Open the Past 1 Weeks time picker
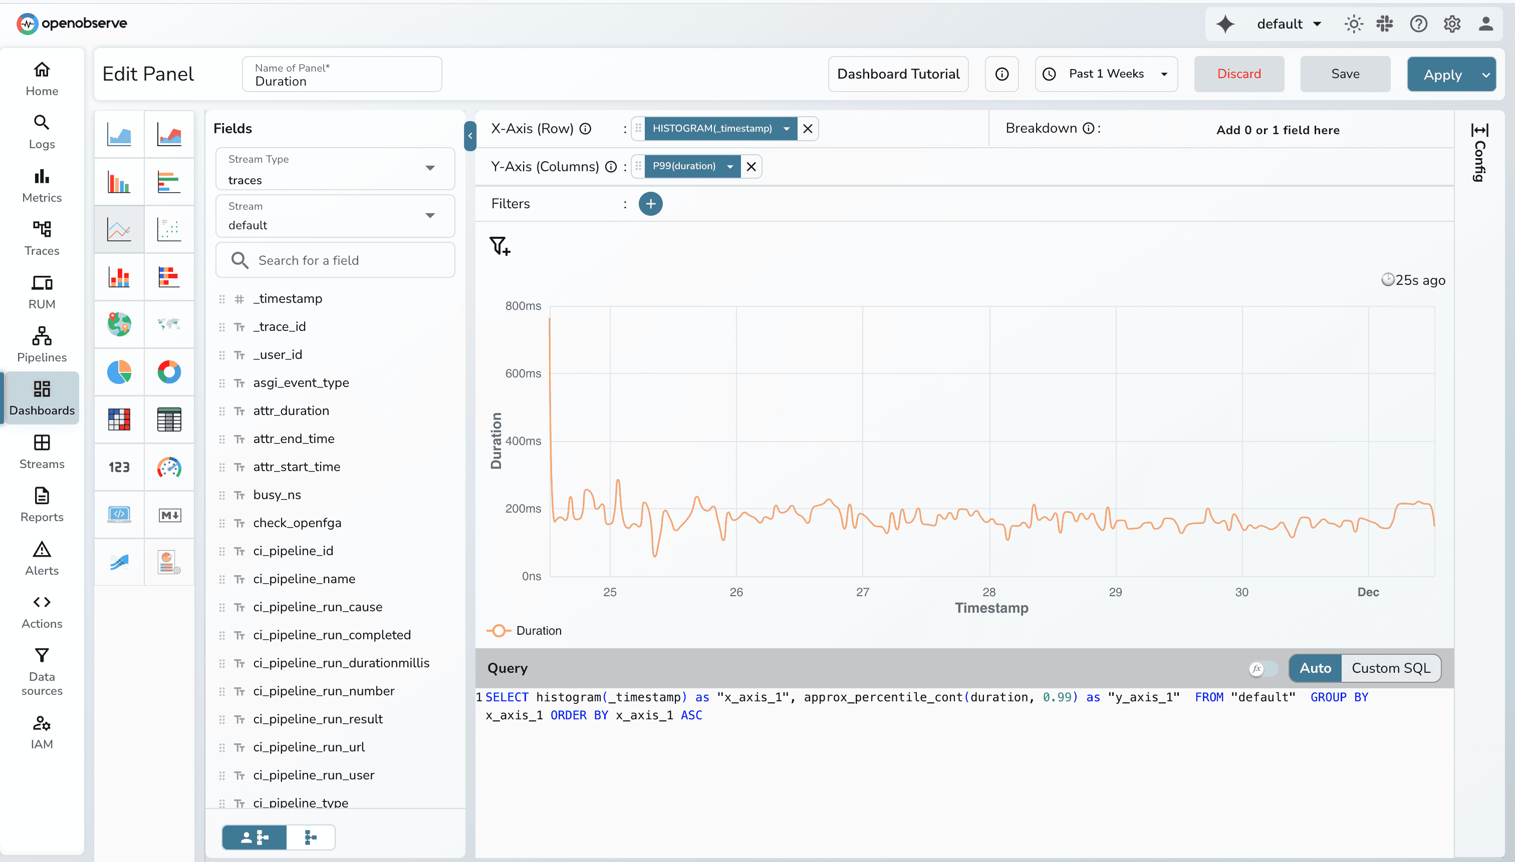click(1106, 74)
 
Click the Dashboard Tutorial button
click(898, 74)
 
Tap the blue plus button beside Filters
click(650, 204)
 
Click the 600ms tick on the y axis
click(523, 373)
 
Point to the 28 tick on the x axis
click(988, 592)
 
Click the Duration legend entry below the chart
click(538, 631)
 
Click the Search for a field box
click(335, 260)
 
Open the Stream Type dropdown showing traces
click(335, 169)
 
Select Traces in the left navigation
click(42, 238)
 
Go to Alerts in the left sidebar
click(42, 558)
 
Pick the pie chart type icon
click(119, 372)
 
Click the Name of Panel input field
click(342, 75)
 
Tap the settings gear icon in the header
click(1451, 24)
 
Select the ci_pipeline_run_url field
click(309, 747)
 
